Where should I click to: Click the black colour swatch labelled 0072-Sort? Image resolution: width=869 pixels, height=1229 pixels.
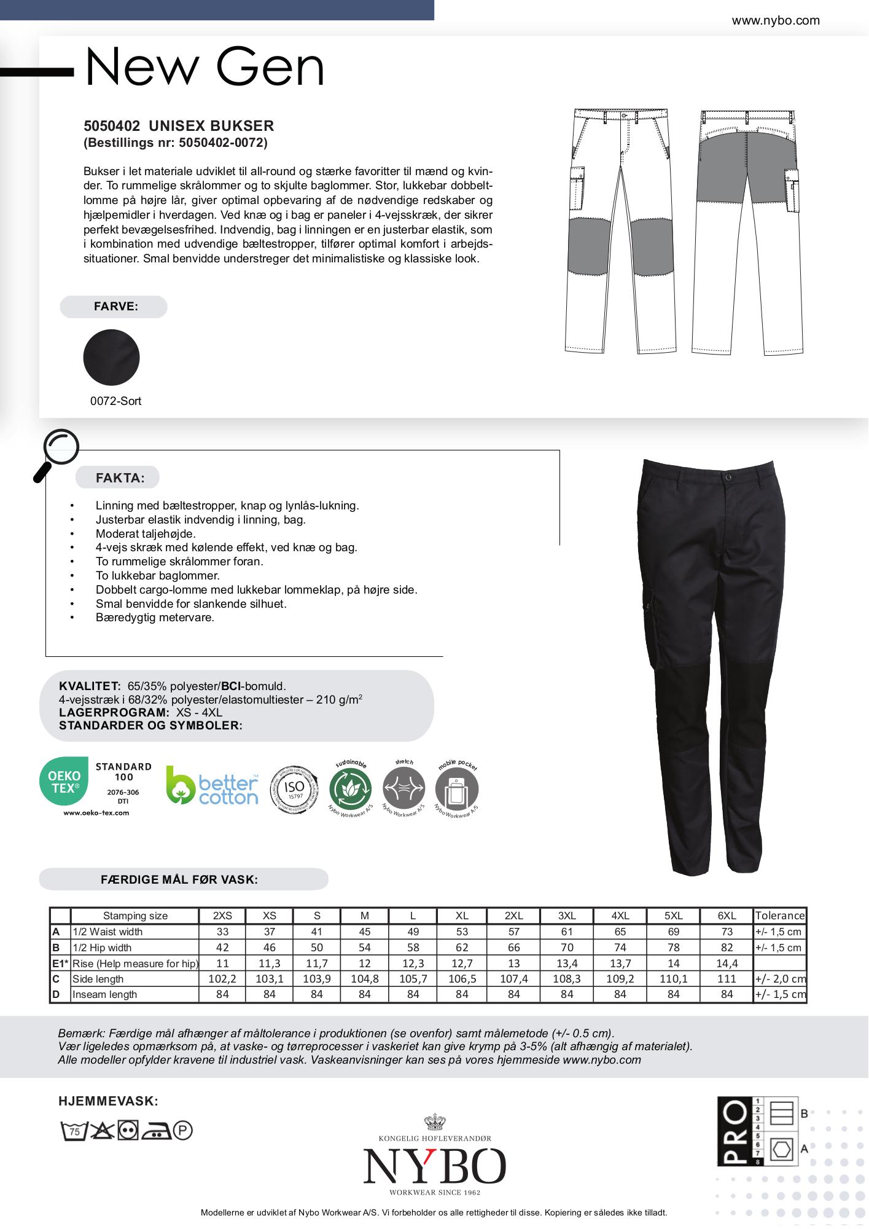tap(111, 358)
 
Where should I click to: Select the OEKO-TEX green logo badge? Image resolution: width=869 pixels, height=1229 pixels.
tap(64, 780)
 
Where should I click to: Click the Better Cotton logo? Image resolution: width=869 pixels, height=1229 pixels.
tap(212, 786)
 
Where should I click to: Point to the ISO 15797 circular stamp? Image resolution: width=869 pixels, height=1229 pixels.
tap(295, 789)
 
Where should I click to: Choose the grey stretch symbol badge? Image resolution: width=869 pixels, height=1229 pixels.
tap(403, 789)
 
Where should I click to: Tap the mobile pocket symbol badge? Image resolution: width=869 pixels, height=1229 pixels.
tap(456, 790)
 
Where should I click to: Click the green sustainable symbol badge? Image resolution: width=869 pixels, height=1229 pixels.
tap(351, 789)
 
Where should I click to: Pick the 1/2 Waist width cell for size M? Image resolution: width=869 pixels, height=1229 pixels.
tap(365, 932)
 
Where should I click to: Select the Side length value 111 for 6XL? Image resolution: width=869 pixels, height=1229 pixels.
tap(727, 979)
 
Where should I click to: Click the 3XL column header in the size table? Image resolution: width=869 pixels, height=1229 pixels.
tap(567, 916)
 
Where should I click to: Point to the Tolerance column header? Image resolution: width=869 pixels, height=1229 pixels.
tap(780, 916)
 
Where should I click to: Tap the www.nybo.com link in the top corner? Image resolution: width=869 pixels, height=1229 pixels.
tap(776, 21)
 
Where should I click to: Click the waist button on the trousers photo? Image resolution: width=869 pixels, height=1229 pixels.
tap(729, 477)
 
